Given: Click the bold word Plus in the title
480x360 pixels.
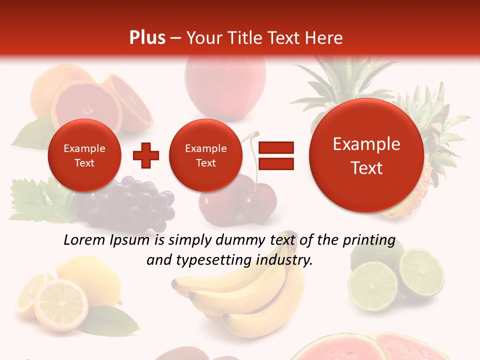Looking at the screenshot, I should tap(147, 38).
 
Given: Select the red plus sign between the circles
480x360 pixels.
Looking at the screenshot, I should tap(146, 155).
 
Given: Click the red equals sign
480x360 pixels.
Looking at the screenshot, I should tap(275, 155).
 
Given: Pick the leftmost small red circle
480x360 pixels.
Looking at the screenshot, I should tap(84, 155).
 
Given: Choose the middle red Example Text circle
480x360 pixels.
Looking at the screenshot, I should tap(205, 155).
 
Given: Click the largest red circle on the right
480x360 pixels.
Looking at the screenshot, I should tap(366, 155).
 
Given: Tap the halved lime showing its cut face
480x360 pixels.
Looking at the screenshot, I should tap(421, 272).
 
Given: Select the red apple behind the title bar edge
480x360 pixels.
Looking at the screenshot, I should tap(225, 80).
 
